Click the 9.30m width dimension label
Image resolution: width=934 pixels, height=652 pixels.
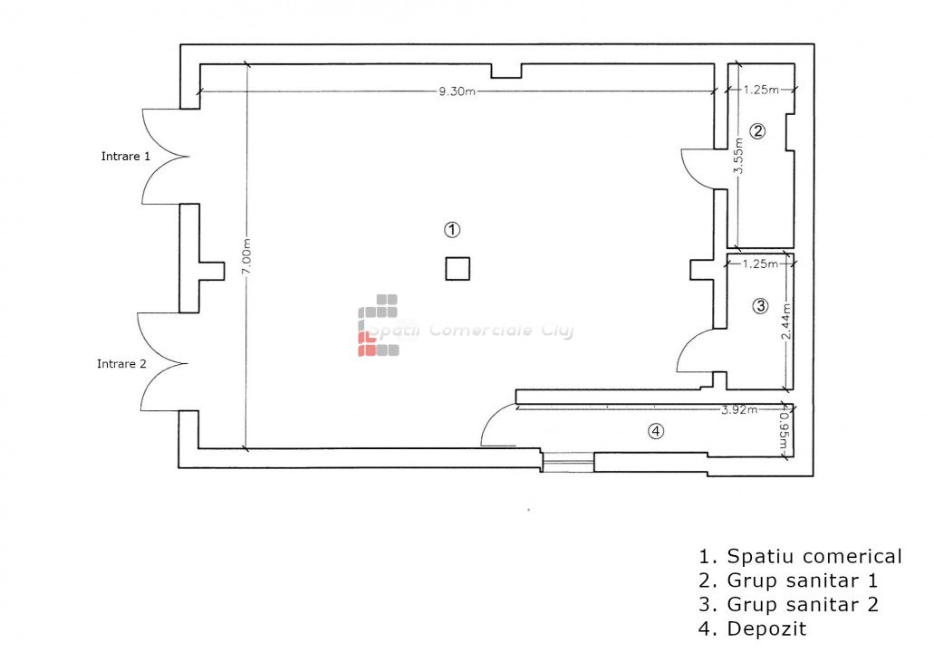(x=457, y=91)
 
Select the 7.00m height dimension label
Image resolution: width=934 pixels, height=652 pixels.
(x=246, y=256)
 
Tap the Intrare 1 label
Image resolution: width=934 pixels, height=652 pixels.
(x=126, y=156)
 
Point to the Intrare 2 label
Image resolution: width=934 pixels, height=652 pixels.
(x=121, y=363)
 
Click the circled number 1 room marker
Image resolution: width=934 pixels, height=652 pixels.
(x=452, y=230)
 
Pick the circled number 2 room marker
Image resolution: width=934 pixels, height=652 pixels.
(x=757, y=131)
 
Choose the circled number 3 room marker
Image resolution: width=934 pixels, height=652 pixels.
(x=760, y=306)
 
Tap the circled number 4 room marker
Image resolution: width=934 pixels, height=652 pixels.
(x=656, y=431)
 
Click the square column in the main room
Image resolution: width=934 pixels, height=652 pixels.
(x=457, y=269)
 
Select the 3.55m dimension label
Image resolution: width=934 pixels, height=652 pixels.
(x=738, y=156)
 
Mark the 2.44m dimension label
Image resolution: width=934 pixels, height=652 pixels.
(x=786, y=321)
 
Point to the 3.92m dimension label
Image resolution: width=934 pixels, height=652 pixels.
(x=739, y=409)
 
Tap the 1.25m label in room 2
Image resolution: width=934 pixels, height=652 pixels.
(x=761, y=90)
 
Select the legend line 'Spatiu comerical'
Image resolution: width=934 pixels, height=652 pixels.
(x=800, y=556)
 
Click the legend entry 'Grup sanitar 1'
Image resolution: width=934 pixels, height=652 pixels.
(x=788, y=580)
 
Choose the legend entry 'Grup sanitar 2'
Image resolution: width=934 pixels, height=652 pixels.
(x=788, y=604)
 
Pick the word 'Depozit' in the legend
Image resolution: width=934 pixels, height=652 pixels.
(x=766, y=628)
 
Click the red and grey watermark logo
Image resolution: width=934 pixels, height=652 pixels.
(x=379, y=325)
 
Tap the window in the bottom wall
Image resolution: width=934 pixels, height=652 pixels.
(x=568, y=462)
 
